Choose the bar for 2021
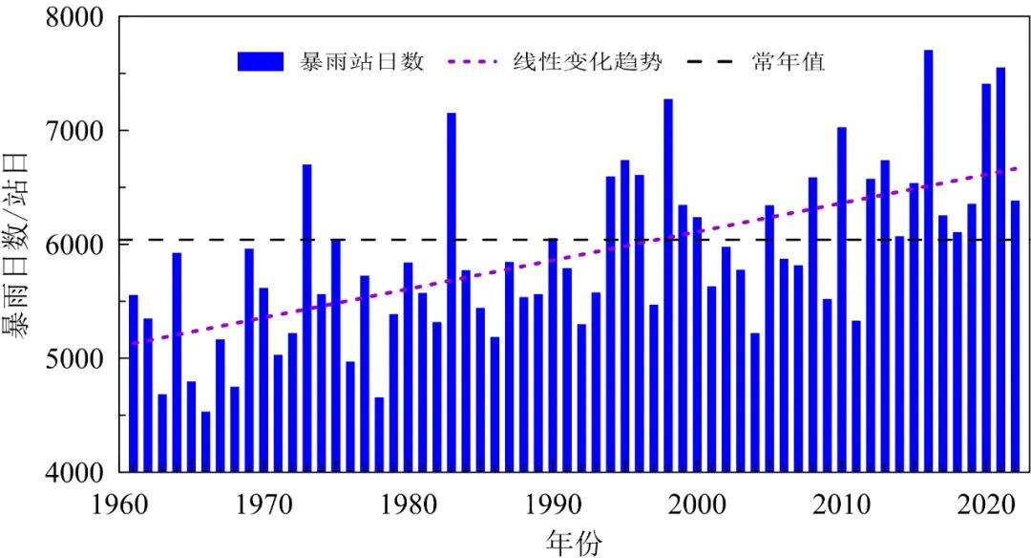click(x=1000, y=268)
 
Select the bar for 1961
click(x=134, y=382)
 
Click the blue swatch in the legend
click(x=261, y=62)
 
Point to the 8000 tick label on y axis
click(x=77, y=17)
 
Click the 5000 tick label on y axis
click(x=77, y=358)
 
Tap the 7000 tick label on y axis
click(x=77, y=131)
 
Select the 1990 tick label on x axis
click(x=552, y=503)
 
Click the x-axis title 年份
click(x=575, y=542)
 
